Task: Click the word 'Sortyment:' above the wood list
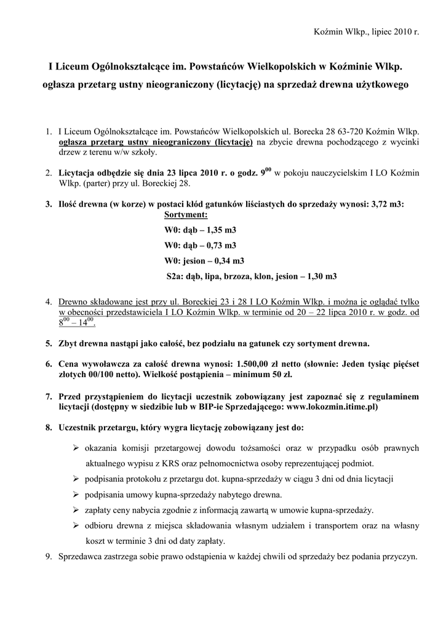[186, 215]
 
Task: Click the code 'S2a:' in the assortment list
[175, 276]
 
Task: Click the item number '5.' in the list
[49, 342]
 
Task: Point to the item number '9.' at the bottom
[49, 557]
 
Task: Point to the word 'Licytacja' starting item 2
[78, 173]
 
